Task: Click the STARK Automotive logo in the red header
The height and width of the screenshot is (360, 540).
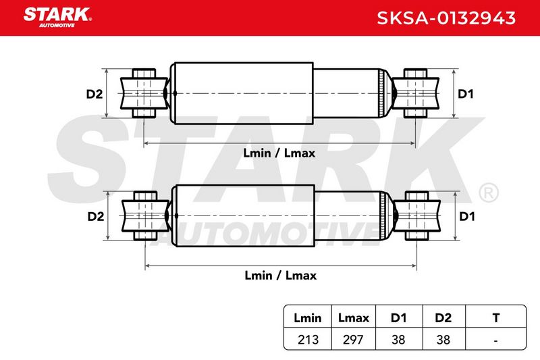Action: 57,17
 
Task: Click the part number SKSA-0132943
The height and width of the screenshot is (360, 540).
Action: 446,18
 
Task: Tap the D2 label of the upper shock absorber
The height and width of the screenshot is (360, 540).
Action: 94,94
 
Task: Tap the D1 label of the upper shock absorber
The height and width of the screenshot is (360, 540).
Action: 466,94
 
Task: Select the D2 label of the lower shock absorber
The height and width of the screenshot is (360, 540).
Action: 96,216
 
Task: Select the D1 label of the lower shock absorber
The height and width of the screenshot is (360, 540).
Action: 467,216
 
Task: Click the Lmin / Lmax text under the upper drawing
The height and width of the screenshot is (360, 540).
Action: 279,153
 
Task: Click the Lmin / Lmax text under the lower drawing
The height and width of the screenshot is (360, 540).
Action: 280,276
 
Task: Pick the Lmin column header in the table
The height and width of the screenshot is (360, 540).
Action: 308,317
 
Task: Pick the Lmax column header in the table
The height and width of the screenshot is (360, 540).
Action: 353,317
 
